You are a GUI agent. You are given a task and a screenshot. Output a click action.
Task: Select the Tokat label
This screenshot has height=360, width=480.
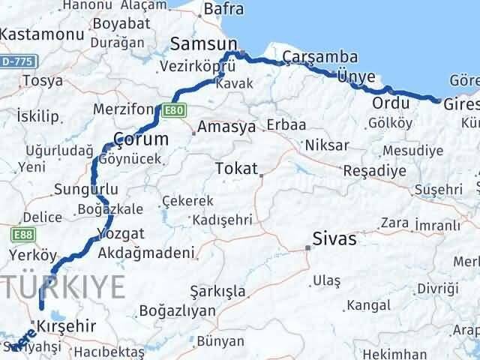(x=235, y=169)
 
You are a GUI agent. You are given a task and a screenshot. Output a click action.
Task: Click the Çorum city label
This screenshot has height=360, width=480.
(x=139, y=138)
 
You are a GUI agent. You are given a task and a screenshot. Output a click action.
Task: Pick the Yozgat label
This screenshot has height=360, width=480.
(x=116, y=232)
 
